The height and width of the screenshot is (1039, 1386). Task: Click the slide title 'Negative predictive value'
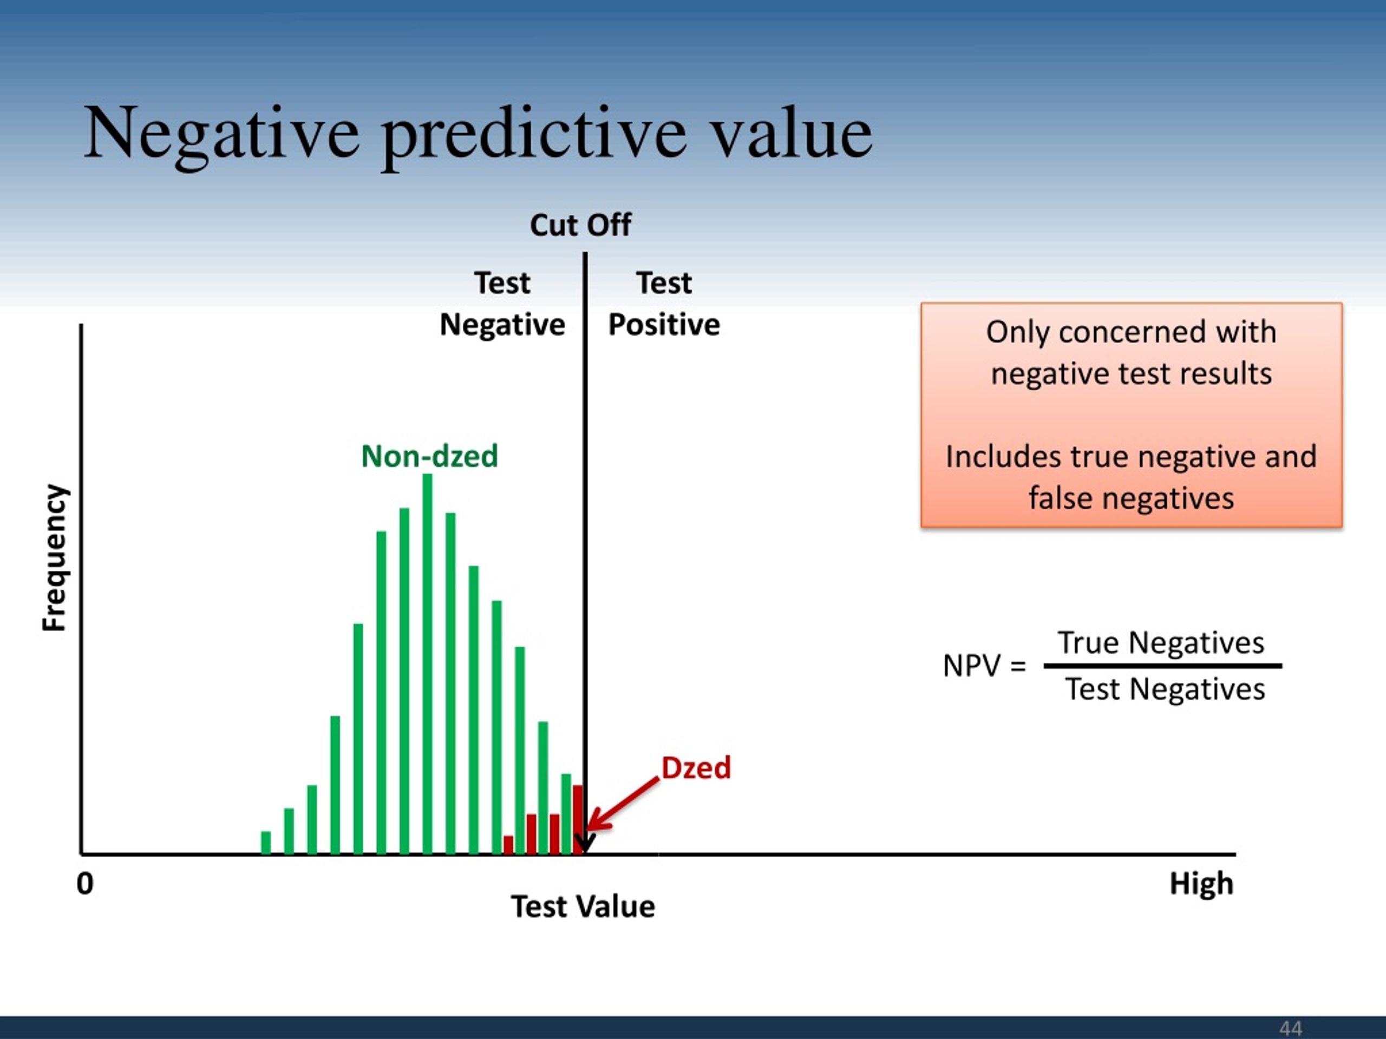coord(478,135)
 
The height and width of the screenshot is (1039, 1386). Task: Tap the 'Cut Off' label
coord(580,225)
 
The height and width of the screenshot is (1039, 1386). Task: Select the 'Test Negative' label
coord(502,304)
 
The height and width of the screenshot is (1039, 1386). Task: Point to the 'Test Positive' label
coord(664,304)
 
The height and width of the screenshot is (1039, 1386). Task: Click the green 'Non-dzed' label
coord(430,456)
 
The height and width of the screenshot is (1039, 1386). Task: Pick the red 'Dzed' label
coord(696,768)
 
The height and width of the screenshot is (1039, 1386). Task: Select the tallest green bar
coord(427,664)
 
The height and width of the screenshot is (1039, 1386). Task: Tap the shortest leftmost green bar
coord(266,843)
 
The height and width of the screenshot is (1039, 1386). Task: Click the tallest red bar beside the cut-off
coord(578,819)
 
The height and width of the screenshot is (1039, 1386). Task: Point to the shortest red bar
coord(508,845)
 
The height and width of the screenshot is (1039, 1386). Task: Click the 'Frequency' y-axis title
coord(55,557)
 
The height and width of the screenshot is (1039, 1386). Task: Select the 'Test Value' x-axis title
coord(583,906)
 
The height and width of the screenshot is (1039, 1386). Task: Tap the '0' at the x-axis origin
coord(85,884)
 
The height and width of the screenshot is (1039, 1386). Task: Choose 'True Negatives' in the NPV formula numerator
coord(1161,643)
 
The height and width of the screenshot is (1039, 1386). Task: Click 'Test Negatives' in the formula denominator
coord(1165,689)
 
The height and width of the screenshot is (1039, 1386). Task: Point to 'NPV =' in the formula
coord(984,666)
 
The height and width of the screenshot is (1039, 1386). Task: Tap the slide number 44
coord(1291,1028)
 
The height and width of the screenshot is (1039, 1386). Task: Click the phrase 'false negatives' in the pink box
coord(1131,498)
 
